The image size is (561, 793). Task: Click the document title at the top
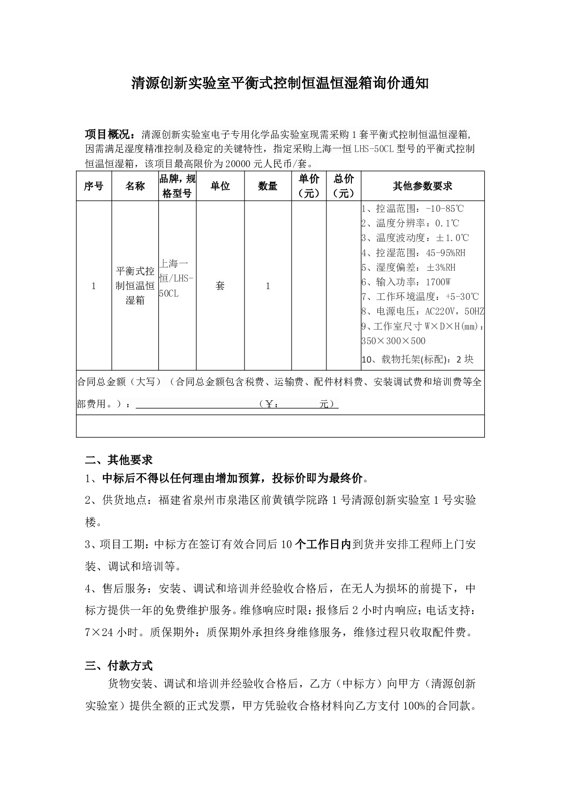pyautogui.click(x=280, y=84)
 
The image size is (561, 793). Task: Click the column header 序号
pyautogui.click(x=94, y=186)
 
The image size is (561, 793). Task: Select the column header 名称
pyautogui.click(x=135, y=186)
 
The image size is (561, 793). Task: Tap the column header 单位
pyautogui.click(x=220, y=186)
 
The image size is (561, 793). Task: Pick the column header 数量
pyautogui.click(x=268, y=186)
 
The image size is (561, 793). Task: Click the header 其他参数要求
pyautogui.click(x=422, y=186)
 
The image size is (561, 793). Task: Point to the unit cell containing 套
pyautogui.click(x=220, y=286)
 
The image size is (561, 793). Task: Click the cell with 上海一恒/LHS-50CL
pyautogui.click(x=177, y=278)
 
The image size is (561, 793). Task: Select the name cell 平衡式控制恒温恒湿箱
pyautogui.click(x=135, y=285)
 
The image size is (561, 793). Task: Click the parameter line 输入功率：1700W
pyautogui.click(x=406, y=282)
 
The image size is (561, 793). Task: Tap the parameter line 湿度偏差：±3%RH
pyautogui.click(x=408, y=267)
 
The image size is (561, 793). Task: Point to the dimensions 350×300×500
pyautogui.click(x=393, y=341)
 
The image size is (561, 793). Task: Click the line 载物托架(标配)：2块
pyautogui.click(x=417, y=359)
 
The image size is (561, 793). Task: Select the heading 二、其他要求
pyautogui.click(x=119, y=460)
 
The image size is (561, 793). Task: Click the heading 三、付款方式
pyautogui.click(x=119, y=665)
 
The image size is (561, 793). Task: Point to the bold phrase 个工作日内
pyautogui.click(x=323, y=544)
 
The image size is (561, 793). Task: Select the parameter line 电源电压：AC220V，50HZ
pyautogui.click(x=423, y=311)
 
